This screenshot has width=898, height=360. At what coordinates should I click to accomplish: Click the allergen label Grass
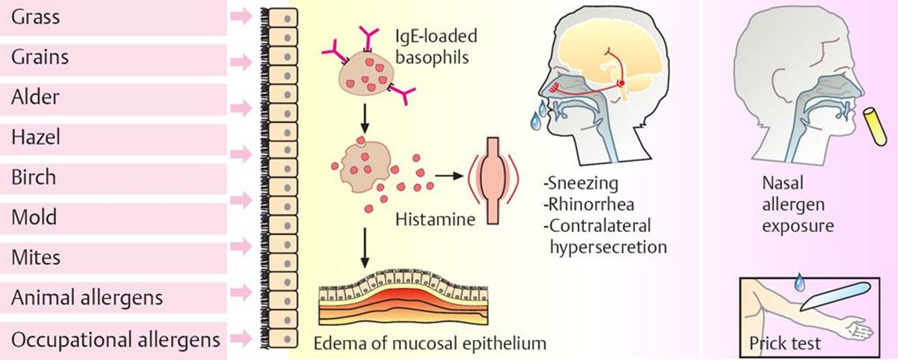click(35, 17)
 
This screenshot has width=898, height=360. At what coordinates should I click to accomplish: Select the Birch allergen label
click(33, 177)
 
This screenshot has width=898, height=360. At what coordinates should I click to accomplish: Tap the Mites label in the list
click(36, 257)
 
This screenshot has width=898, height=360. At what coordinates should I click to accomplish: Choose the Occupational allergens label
click(116, 338)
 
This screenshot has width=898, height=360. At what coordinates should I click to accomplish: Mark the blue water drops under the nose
click(537, 117)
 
